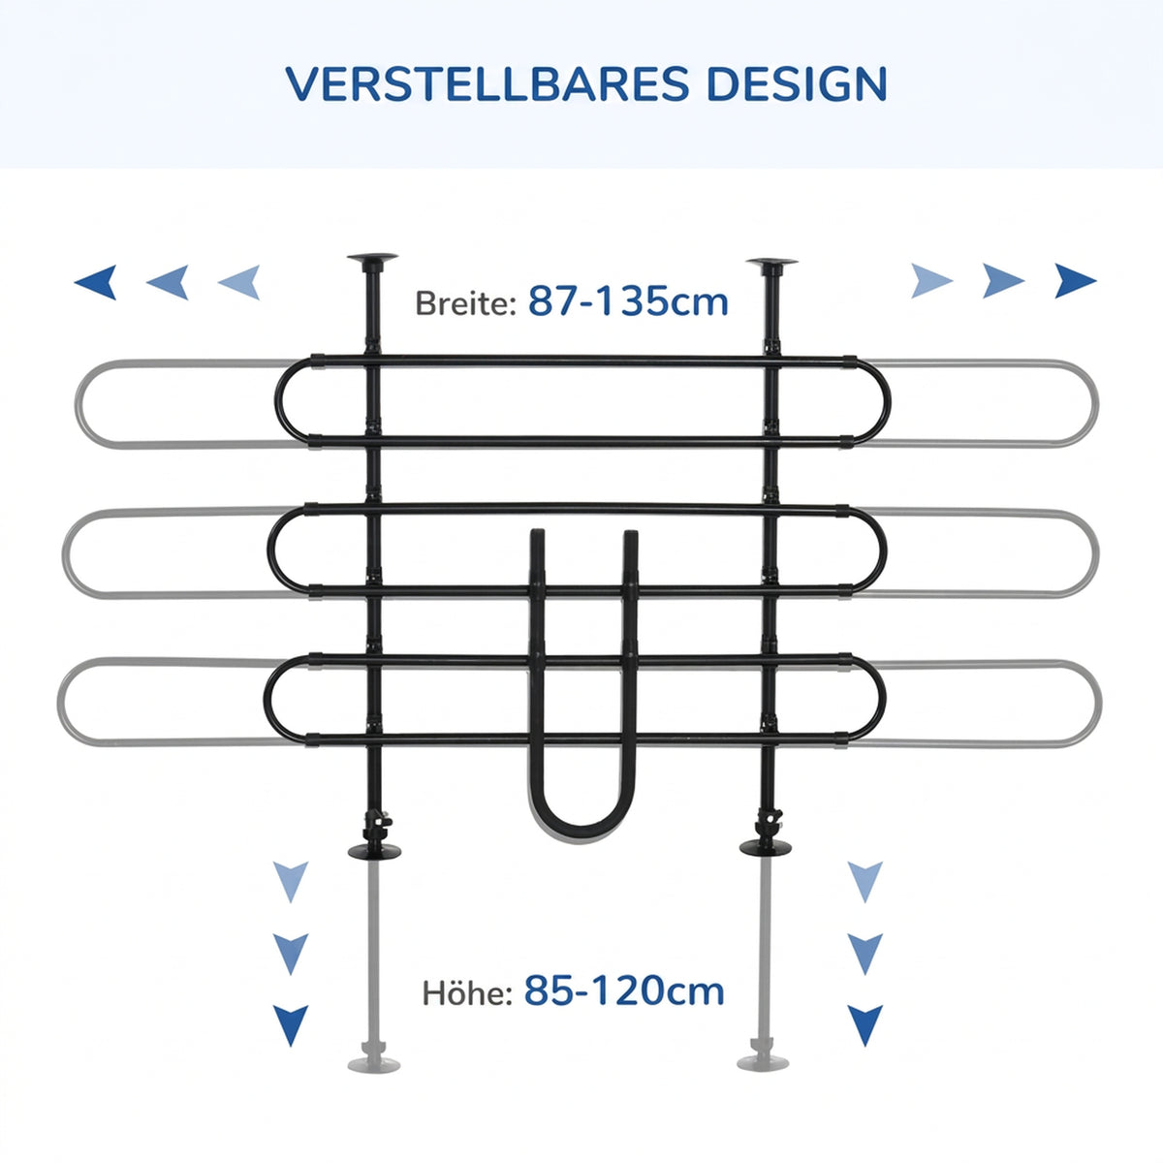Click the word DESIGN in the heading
[798, 84]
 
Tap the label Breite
[465, 303]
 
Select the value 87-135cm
[628, 301]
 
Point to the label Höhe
[467, 992]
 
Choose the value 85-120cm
[624, 990]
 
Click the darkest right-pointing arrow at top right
[1075, 281]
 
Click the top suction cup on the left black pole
[372, 259]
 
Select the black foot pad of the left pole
[375, 852]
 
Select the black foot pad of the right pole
[766, 847]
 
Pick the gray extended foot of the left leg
[374, 1064]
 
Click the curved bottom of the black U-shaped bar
[581, 828]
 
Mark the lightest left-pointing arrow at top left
[239, 282]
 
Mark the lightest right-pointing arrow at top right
[931, 281]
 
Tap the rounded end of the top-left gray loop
[79, 404]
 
